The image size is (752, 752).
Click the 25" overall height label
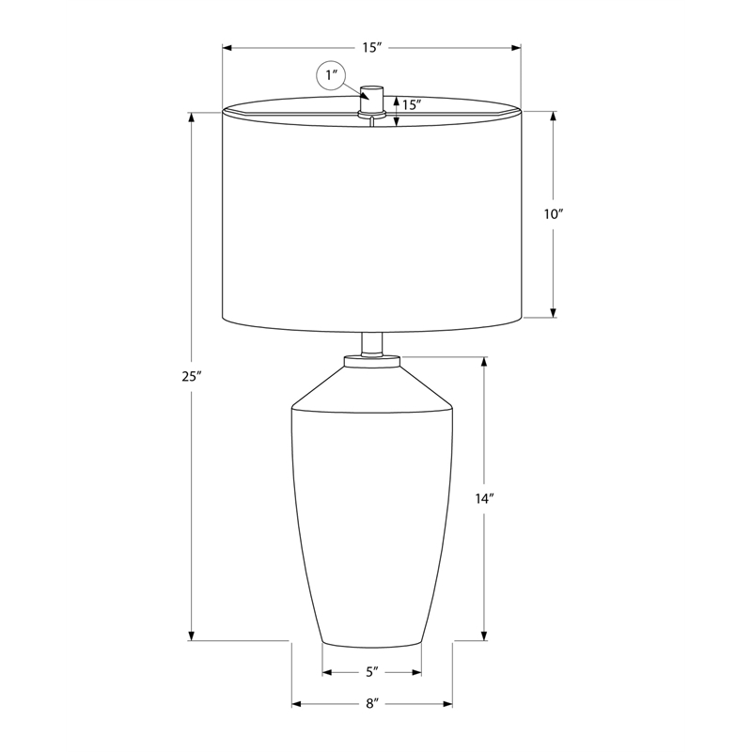tap(191, 377)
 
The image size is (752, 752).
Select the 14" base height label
tap(485, 499)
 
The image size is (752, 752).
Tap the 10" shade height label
tap(553, 214)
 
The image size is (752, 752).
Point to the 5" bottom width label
tap(372, 672)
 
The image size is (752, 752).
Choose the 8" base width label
tap(372, 704)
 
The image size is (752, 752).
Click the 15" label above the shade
tap(371, 48)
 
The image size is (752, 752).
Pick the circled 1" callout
tap(332, 76)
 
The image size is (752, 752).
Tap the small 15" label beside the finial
tap(412, 105)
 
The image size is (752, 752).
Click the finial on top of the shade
tap(371, 101)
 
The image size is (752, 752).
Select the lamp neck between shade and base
tap(372, 344)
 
